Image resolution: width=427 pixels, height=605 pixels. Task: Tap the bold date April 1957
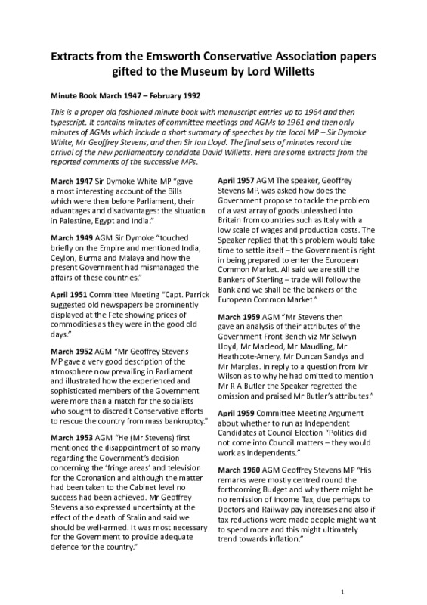tap(237, 182)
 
